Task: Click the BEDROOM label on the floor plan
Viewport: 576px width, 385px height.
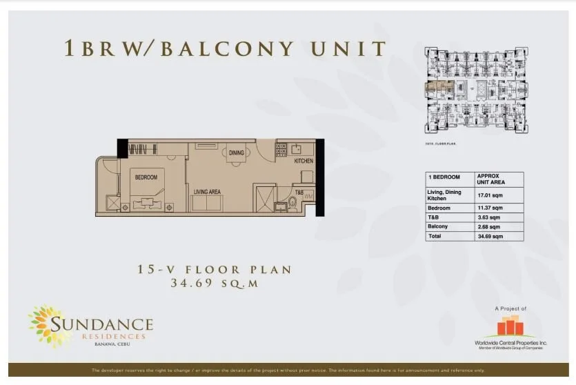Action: tap(146, 177)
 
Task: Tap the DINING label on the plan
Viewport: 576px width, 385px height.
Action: tap(237, 153)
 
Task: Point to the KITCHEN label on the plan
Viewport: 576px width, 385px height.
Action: tap(304, 161)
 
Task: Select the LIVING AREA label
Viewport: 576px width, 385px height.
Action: tap(206, 191)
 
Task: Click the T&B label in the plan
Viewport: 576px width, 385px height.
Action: tap(299, 192)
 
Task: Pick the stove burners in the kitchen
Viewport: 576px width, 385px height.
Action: tap(281, 148)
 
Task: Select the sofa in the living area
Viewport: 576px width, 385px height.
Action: tap(208, 204)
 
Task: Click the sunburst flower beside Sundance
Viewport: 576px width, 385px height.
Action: tap(49, 324)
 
